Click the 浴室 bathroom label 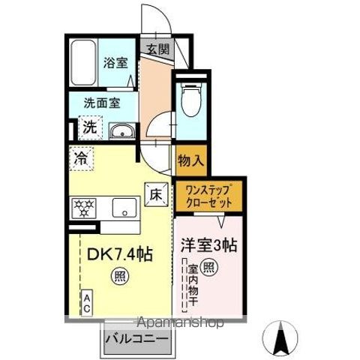(x=115, y=64)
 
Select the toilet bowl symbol (x=189, y=97)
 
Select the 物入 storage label (x=189, y=160)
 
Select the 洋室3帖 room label (x=209, y=245)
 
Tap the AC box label (x=87, y=302)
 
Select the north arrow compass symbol (x=283, y=337)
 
